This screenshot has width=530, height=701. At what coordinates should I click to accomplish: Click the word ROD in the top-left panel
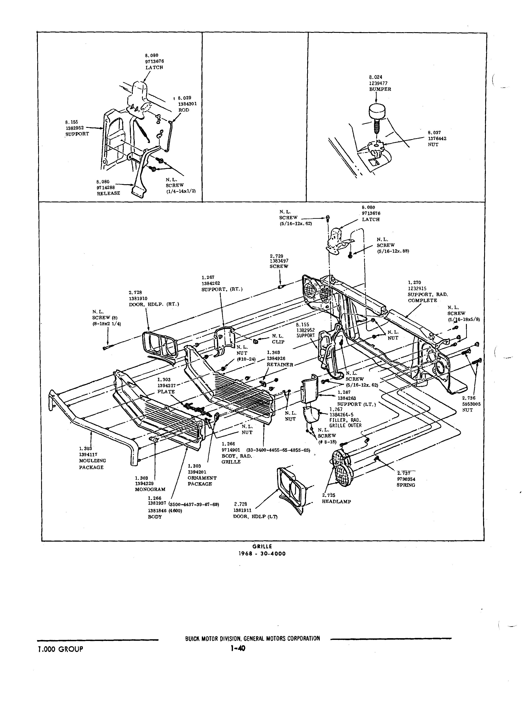point(184,110)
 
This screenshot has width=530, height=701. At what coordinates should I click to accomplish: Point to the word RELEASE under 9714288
point(109,193)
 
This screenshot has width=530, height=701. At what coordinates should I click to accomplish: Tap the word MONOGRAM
point(150,489)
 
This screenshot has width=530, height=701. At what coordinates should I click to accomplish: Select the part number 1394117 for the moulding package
point(88,454)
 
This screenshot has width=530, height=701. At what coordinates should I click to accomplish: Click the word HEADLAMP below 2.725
point(336,502)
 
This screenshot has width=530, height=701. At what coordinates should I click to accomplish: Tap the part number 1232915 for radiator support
point(417,289)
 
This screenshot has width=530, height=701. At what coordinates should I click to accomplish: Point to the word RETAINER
point(280,365)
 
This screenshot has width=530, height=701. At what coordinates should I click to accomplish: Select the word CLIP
point(278,342)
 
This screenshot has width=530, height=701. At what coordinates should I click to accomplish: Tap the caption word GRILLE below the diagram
point(262,546)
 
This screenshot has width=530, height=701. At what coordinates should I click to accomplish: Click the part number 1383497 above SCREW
point(279,261)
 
